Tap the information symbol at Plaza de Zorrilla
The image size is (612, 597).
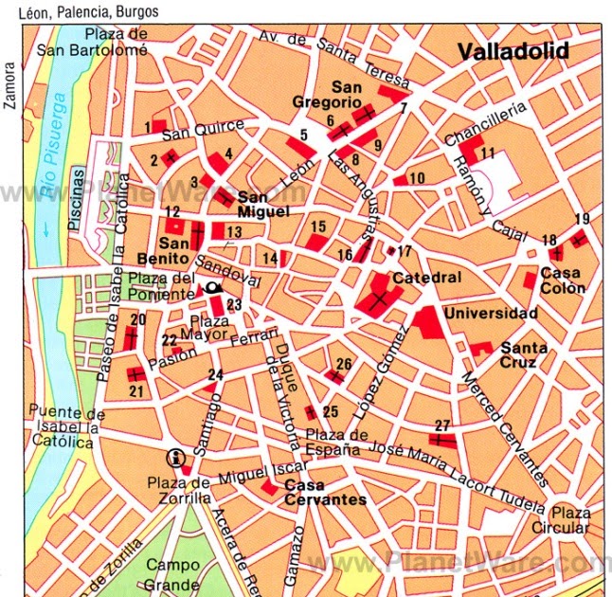pyautogui.click(x=174, y=458)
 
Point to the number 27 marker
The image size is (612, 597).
pyautogui.click(x=441, y=425)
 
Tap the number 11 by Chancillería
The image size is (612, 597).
pyautogui.click(x=488, y=154)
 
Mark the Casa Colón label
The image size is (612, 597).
pyautogui.click(x=563, y=280)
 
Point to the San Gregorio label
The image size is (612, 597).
pyautogui.click(x=338, y=93)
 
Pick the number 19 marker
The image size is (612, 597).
pyautogui.click(x=581, y=219)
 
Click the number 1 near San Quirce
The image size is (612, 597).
pyautogui.click(x=148, y=126)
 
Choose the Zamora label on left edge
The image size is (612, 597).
pyautogui.click(x=10, y=87)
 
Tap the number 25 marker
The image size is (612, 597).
pyautogui.click(x=330, y=410)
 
